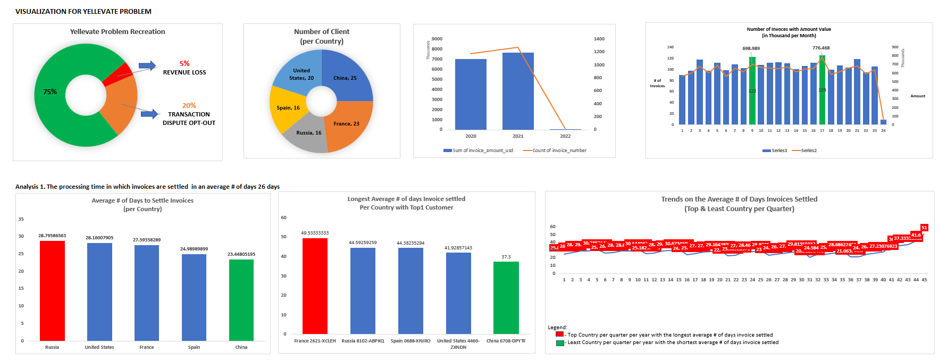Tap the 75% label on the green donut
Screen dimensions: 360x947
point(50,92)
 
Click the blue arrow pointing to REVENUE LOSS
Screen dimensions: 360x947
point(147,66)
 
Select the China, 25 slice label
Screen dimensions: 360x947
point(345,78)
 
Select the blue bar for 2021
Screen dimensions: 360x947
point(518,90)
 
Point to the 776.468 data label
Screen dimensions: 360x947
point(821,48)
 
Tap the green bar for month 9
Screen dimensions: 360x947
point(752,90)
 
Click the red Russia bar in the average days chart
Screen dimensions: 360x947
point(52,290)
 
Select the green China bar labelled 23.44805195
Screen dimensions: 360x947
point(241,300)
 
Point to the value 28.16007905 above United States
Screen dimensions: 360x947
point(99,238)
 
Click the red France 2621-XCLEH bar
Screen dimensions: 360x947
point(315,286)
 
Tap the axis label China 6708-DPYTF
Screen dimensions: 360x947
point(506,341)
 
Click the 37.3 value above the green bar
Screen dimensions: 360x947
point(506,257)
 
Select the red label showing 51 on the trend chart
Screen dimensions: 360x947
point(924,228)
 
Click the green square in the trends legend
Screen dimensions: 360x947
point(560,343)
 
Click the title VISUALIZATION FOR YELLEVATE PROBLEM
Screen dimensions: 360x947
point(83,11)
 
